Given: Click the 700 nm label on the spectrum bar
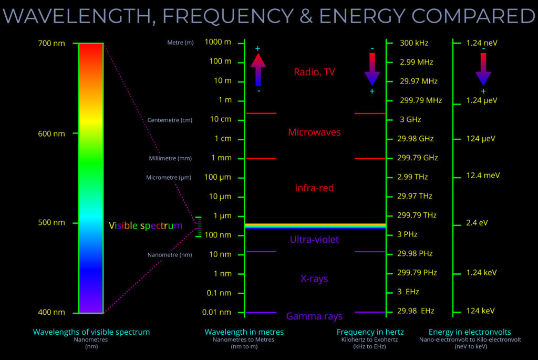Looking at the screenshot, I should [x=51, y=43].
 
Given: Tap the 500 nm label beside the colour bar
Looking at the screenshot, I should [x=51, y=222].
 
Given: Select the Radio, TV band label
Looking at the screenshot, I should [x=314, y=72].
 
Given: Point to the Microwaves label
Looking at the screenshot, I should [x=314, y=132].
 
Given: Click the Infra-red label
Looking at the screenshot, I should [x=314, y=188].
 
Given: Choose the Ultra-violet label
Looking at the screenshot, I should [x=314, y=240].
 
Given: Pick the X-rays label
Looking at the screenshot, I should [x=314, y=279].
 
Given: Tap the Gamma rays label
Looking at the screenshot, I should [x=314, y=316].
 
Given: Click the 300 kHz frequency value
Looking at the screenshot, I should [x=413, y=43].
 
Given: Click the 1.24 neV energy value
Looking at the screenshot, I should [x=482, y=43].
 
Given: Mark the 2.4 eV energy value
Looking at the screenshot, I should [x=477, y=222].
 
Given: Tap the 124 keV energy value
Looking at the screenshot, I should [x=480, y=311].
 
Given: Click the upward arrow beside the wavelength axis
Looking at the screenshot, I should [x=258, y=69].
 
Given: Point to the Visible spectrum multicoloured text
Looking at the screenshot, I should [x=146, y=226].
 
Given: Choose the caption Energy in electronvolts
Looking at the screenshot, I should [x=470, y=332].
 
